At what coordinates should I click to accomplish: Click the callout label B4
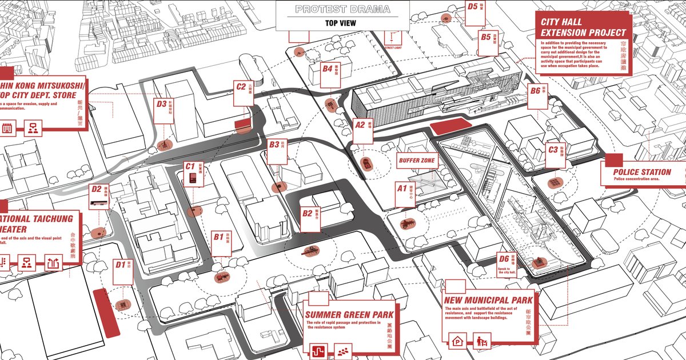click(x=327, y=69)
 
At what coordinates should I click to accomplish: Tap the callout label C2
click(x=241, y=87)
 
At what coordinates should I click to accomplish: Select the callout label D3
click(x=161, y=104)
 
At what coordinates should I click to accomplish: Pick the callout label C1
click(x=190, y=166)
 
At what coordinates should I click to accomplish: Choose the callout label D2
click(x=96, y=189)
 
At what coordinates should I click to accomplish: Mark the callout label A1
click(x=402, y=188)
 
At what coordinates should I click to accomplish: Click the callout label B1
click(x=218, y=236)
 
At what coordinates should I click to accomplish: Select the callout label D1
click(x=120, y=265)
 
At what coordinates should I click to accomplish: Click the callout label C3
click(x=552, y=150)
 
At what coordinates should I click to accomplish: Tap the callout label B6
click(x=535, y=90)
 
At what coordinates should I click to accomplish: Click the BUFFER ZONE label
click(x=417, y=161)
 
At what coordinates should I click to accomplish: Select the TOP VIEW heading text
click(x=341, y=23)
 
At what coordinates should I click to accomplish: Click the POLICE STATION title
click(x=642, y=171)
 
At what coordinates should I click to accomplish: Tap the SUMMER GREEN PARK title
click(x=348, y=314)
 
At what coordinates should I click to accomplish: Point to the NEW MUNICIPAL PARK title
click(x=488, y=300)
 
